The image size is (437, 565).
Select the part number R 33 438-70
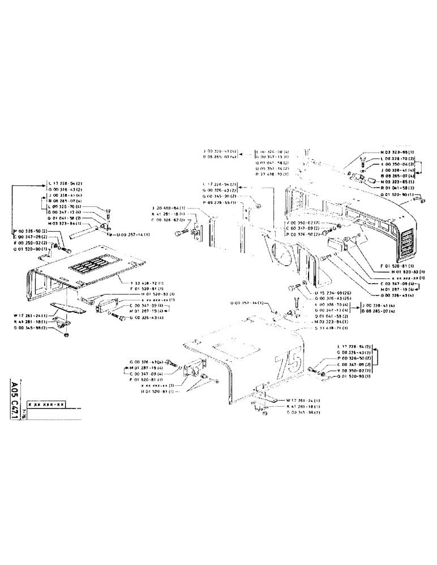click(272, 174)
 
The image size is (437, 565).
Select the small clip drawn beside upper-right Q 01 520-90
click(418, 198)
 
